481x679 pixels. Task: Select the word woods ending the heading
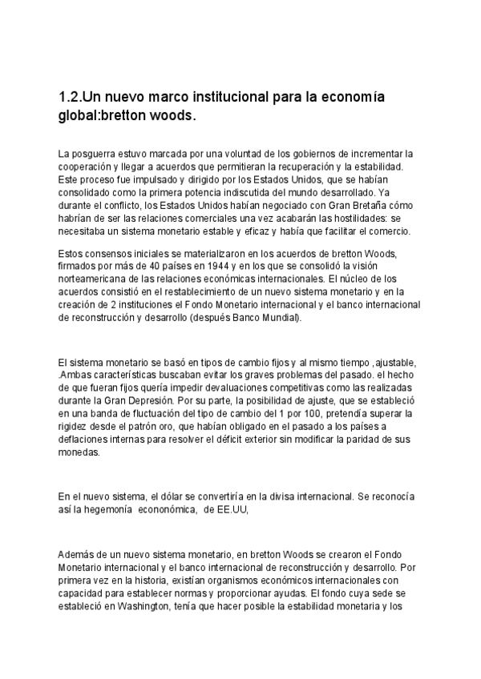pyautogui.click(x=170, y=115)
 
